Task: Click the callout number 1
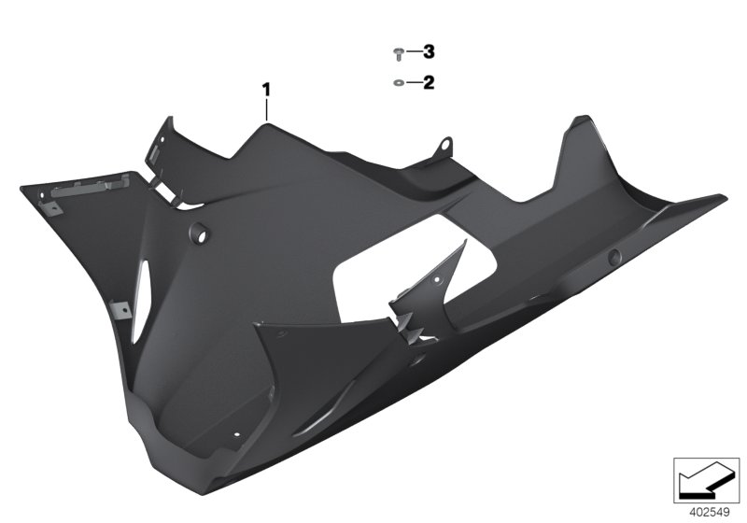tap(266, 90)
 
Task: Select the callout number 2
tap(429, 83)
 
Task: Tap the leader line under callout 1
tap(266, 110)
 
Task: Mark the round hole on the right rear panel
tap(613, 258)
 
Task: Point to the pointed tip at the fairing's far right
tap(722, 197)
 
